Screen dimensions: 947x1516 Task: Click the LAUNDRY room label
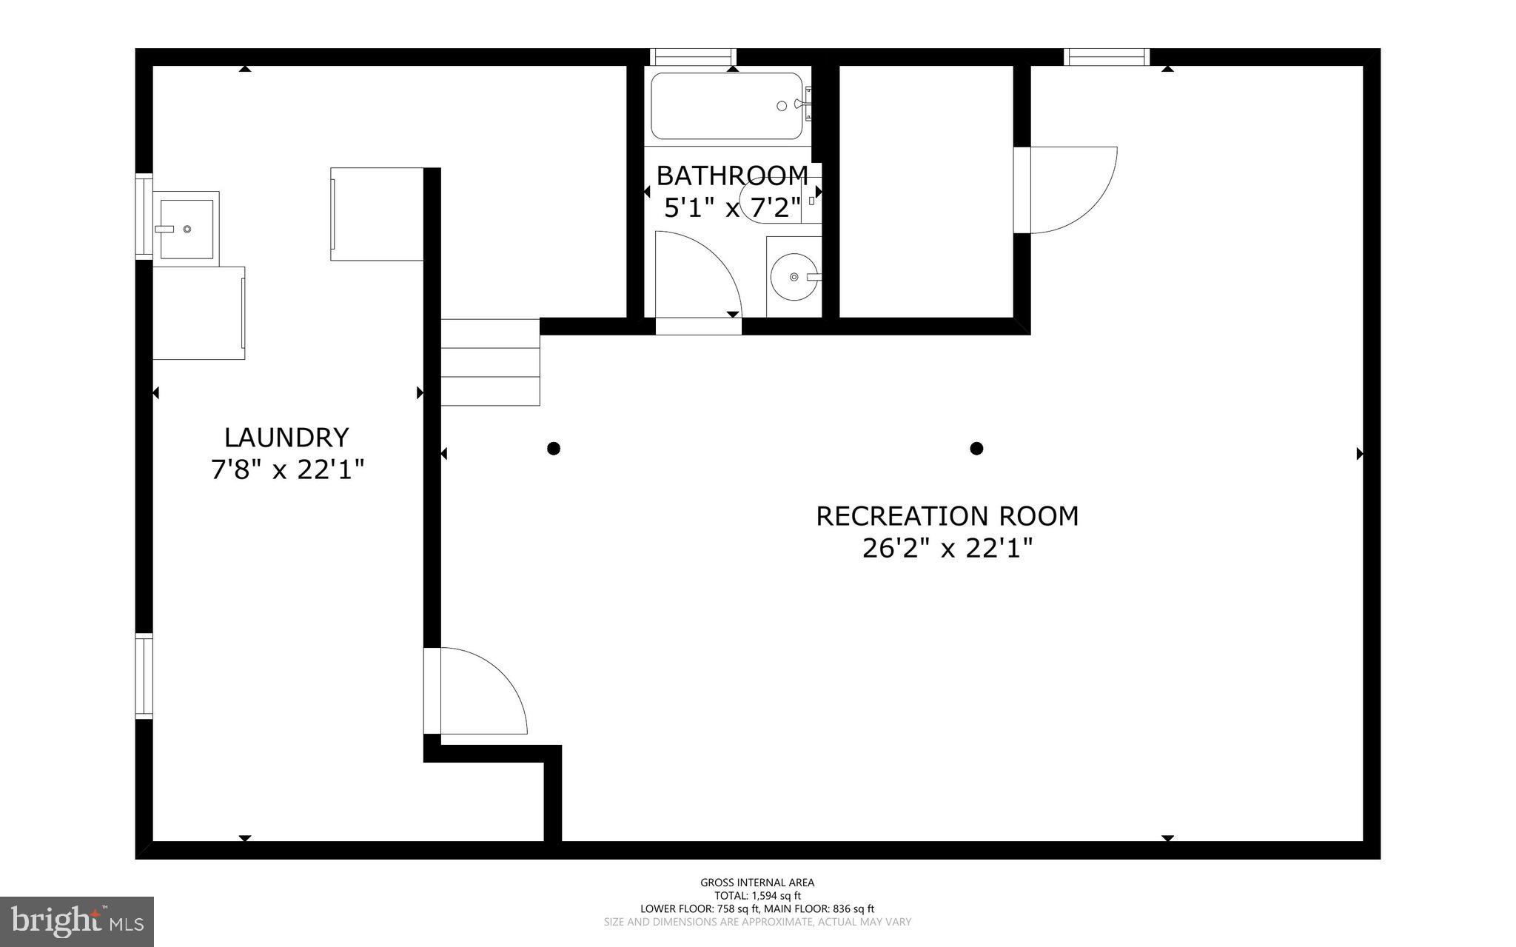[286, 438]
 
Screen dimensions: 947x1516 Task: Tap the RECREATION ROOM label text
[947, 516]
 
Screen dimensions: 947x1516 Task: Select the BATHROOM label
[732, 175]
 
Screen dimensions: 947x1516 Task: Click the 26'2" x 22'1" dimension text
[947, 549]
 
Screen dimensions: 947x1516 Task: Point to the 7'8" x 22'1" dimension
[287, 469]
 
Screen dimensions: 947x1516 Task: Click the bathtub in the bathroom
[726, 106]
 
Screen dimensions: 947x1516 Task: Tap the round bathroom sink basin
[793, 277]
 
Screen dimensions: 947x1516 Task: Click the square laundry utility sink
[187, 228]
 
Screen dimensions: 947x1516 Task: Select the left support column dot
[554, 448]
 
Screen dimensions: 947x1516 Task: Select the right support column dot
[976, 448]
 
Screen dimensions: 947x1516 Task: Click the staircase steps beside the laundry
[490, 362]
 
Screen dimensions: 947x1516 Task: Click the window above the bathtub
[693, 57]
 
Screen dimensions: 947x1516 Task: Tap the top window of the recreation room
[1107, 57]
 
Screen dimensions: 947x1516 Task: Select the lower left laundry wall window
[144, 676]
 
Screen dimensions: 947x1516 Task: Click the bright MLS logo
[77, 921]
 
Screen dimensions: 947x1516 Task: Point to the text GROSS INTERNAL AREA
[757, 883]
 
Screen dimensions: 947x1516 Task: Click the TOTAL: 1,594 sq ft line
[757, 896]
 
